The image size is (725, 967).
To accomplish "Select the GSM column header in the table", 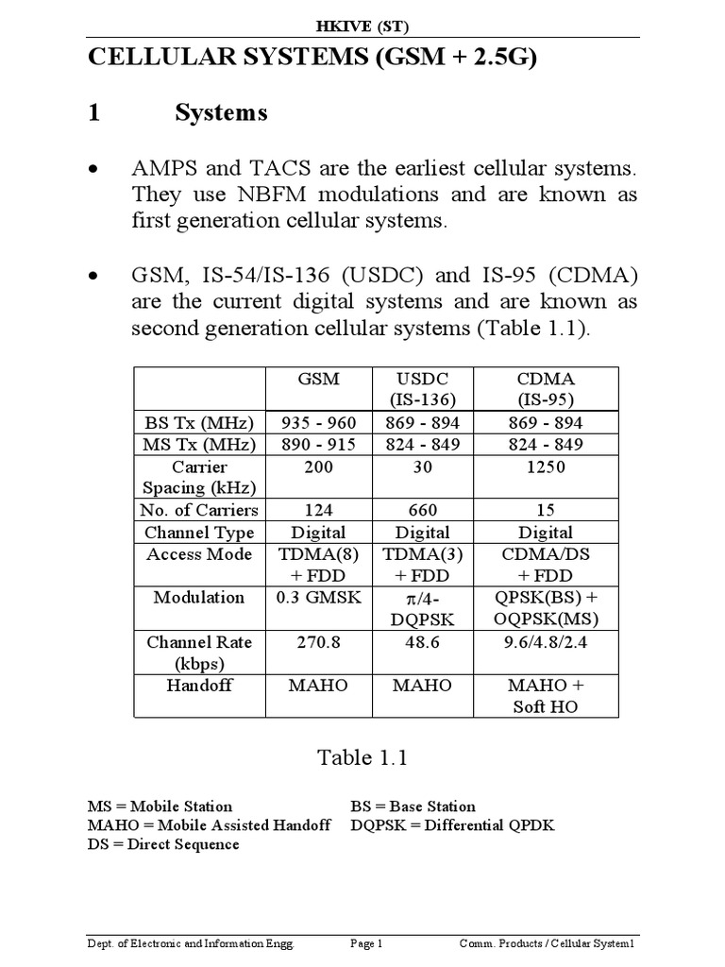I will click(x=318, y=378).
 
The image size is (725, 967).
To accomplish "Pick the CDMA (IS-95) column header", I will click(x=544, y=388).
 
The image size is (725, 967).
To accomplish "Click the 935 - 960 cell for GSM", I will click(x=318, y=422).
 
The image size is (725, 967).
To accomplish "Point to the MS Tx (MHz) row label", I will click(x=199, y=445).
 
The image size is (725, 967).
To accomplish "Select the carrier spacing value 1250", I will click(x=544, y=467).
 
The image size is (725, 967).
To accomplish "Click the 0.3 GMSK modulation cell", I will click(x=318, y=598).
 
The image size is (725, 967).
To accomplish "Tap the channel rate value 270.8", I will click(x=318, y=642).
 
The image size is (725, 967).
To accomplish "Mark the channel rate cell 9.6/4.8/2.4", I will click(x=544, y=642).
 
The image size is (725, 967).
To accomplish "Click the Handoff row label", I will click(x=199, y=686).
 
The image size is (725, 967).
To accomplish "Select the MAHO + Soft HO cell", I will click(x=544, y=696).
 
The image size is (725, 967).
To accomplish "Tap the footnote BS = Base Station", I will click(x=413, y=806).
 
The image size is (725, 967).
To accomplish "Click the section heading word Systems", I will click(x=221, y=113).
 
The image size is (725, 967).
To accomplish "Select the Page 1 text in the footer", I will click(x=365, y=943).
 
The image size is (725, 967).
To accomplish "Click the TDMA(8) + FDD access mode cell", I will click(x=318, y=565).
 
